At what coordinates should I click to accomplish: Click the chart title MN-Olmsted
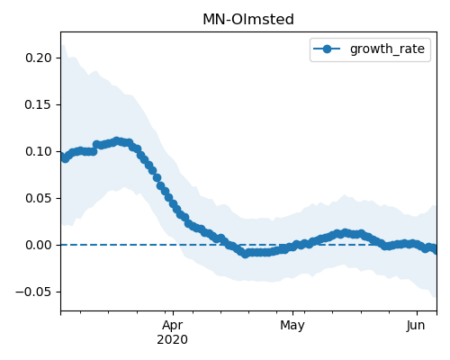248,20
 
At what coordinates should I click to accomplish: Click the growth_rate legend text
387,49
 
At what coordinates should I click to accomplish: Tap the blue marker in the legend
327,49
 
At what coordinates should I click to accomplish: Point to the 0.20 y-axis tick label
39,58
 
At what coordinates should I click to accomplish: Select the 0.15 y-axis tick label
39,104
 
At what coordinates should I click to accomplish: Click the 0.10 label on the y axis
39,151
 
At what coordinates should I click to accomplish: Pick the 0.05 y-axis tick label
39,198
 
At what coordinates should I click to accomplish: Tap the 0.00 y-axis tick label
39,245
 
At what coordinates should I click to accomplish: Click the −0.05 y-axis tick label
33,292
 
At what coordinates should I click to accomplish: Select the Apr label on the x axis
173,326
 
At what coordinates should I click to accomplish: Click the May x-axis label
292,326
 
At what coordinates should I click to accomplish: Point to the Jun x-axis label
416,326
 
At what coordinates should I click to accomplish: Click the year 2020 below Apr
173,339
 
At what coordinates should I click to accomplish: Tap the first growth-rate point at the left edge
61,157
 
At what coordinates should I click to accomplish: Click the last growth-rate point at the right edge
436,249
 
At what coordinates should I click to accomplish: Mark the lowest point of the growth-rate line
245,255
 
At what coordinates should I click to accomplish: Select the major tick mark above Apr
173,313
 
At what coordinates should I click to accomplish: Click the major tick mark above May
292,313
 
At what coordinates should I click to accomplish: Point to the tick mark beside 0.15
58,104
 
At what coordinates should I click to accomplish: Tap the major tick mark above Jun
417,313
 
